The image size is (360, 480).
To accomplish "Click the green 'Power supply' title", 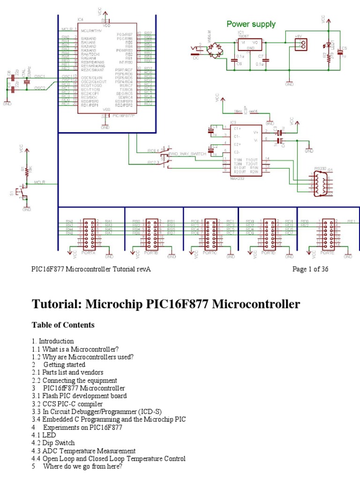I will (251, 24).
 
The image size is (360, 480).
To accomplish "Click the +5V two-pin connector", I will (300, 44).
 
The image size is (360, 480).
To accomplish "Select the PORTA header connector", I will (89, 232).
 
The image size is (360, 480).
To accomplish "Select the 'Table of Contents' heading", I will (63, 325).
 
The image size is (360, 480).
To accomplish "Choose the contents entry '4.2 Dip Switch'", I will (53, 442).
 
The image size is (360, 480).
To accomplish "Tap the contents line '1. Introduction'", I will (52, 341).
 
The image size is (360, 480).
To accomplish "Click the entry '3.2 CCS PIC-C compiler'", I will (67, 403).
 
